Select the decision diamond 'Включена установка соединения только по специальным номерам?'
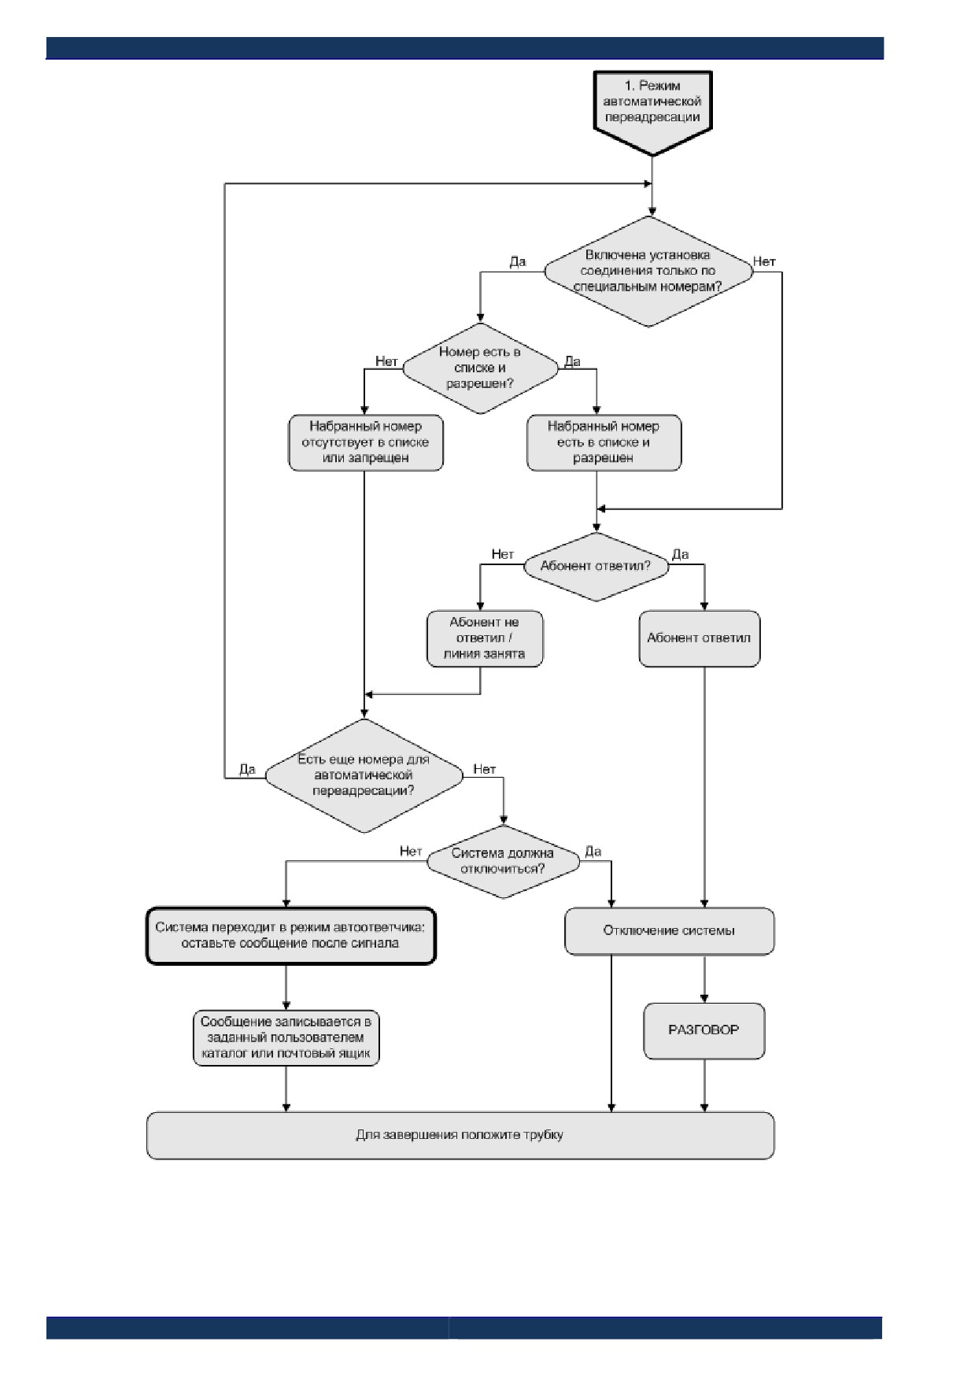[x=649, y=272]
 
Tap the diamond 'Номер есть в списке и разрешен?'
[x=480, y=368]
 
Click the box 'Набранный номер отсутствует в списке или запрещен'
[x=366, y=442]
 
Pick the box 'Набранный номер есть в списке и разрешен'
[x=604, y=442]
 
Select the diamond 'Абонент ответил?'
[x=596, y=567]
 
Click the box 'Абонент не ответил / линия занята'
[x=485, y=638]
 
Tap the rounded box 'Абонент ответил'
[x=699, y=638]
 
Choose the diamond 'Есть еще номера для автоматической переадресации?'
[x=364, y=775]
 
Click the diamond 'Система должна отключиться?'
[x=503, y=862]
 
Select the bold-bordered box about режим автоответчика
[x=290, y=936]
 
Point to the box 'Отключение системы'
[x=669, y=931]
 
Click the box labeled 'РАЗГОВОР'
[x=704, y=1030]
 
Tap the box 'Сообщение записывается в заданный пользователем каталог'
[x=286, y=1038]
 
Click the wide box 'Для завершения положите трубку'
[x=460, y=1135]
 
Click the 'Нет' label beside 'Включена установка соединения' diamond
[x=764, y=262]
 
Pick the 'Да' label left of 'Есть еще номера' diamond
[x=247, y=770]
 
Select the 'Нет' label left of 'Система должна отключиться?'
[x=411, y=852]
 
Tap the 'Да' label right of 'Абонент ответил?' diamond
[x=681, y=555]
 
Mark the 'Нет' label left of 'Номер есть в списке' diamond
[x=386, y=362]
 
